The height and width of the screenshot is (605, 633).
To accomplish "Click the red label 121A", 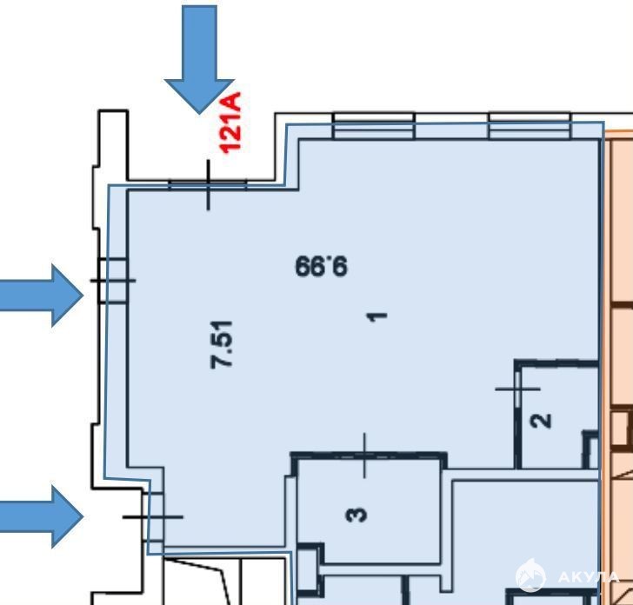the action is [x=230, y=123].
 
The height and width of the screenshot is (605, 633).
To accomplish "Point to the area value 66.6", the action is [x=321, y=267].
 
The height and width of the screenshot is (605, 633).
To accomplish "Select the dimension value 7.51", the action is [x=222, y=345].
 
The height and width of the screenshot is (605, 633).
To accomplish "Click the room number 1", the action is [x=377, y=316].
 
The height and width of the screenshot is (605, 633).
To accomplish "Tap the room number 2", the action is [x=542, y=421].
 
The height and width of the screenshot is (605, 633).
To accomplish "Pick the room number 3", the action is [x=356, y=515].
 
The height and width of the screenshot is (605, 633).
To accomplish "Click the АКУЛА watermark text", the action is [x=588, y=577].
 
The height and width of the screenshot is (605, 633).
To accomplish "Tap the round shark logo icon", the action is [x=530, y=575].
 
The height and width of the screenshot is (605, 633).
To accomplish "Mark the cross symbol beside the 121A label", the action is [x=209, y=184].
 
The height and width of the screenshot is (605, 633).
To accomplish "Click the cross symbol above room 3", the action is [x=364, y=455].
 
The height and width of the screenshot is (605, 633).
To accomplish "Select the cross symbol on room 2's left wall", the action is [x=517, y=389].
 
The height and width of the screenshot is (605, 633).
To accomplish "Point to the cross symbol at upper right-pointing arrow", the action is [x=113, y=281].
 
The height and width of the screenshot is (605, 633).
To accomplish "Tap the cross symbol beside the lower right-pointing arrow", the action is [x=153, y=516].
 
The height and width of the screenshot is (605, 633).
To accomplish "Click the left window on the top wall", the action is [x=374, y=126].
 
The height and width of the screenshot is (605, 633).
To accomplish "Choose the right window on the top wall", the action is [x=530, y=126].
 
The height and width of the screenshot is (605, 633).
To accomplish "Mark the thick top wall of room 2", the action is [x=556, y=363].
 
